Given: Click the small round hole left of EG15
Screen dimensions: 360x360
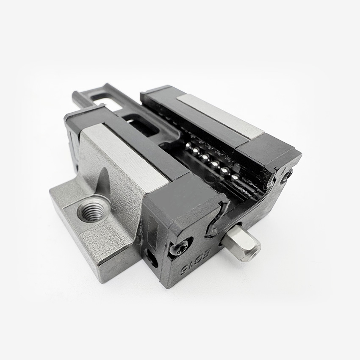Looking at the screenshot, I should [151, 257].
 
